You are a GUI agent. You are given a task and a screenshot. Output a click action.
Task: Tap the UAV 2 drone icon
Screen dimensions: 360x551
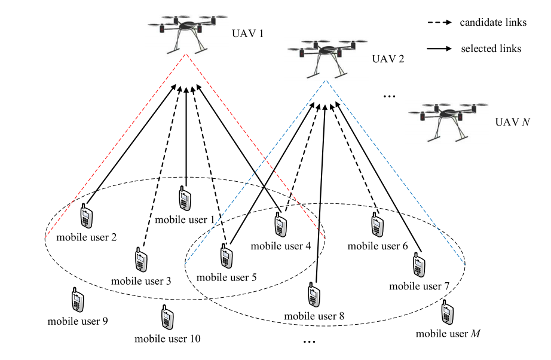[x=326, y=57]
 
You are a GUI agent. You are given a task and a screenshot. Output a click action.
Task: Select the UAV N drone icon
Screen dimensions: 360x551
[x=449, y=119]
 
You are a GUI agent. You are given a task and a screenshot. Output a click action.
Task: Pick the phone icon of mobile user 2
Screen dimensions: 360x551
[x=87, y=216]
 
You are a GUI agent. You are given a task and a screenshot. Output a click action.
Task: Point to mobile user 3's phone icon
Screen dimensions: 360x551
[x=141, y=260]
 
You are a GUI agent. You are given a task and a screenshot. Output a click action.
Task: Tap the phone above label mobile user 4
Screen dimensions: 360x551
[x=279, y=225]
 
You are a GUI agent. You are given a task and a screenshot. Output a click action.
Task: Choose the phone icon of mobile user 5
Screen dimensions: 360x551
[x=226, y=257]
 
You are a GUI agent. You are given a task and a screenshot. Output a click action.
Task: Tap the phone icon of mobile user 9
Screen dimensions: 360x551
[x=77, y=301]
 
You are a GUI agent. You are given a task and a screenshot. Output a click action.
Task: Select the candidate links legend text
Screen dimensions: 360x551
[x=493, y=23]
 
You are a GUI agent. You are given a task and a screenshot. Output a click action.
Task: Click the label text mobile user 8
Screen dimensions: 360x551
[x=314, y=316]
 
